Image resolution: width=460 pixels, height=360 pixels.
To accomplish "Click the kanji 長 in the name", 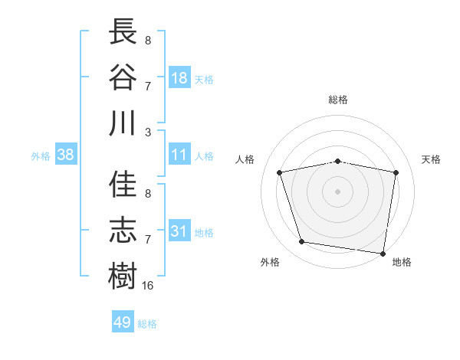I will coord(123,31).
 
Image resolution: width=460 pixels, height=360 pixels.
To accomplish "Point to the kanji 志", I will coord(123,230).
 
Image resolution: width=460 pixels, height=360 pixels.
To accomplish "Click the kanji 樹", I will coord(123,275).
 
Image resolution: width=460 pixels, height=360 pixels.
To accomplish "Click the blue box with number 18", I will coord(179,77).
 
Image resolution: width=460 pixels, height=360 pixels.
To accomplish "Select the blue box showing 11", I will coord(179,155).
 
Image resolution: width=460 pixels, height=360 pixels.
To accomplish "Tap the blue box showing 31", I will coord(179,231).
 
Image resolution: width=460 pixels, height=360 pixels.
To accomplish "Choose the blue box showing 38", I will coord(66,155).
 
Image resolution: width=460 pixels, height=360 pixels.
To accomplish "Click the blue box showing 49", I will coord(123,322).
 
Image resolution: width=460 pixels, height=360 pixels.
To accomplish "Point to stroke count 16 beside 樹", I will coord(149,285).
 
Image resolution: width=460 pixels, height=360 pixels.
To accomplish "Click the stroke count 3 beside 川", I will coord(148,132).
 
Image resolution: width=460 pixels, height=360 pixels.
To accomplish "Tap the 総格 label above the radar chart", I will coord(338,100).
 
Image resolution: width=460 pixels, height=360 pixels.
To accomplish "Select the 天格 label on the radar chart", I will coord(431,159).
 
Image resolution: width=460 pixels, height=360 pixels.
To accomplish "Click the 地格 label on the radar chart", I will coord(402,262).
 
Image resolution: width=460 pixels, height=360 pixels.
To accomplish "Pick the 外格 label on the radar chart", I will coord(270,262).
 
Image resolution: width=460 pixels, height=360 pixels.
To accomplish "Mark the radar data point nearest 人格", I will coord(280,172).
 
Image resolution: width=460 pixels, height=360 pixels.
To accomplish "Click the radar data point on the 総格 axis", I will coord(338,161).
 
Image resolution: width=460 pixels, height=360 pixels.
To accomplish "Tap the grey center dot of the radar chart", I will coord(338,191).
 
